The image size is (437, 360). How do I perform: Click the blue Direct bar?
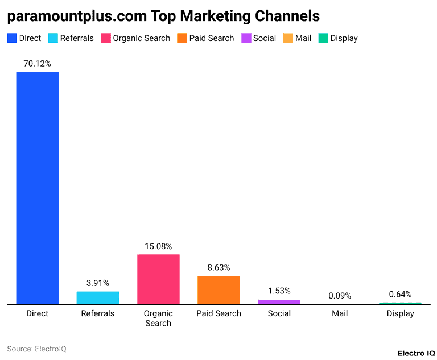37,188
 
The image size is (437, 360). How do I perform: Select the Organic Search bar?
158,279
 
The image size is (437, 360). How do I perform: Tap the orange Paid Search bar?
218,290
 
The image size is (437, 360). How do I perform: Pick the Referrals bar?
98,298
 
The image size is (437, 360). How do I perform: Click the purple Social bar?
279,302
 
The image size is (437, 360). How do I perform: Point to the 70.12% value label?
37,64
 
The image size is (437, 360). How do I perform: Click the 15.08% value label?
158,246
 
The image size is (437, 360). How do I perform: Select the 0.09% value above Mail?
340,296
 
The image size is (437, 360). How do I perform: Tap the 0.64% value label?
400,294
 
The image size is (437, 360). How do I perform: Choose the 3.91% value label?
98,283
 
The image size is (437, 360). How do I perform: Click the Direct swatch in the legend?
11,38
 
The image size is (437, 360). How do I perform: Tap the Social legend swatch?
246,38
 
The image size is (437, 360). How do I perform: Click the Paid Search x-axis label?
218,313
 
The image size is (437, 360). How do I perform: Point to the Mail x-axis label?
340,313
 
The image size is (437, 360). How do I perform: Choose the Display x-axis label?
400,313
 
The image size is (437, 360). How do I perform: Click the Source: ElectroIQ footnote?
36,349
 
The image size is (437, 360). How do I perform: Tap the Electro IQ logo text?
409,353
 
